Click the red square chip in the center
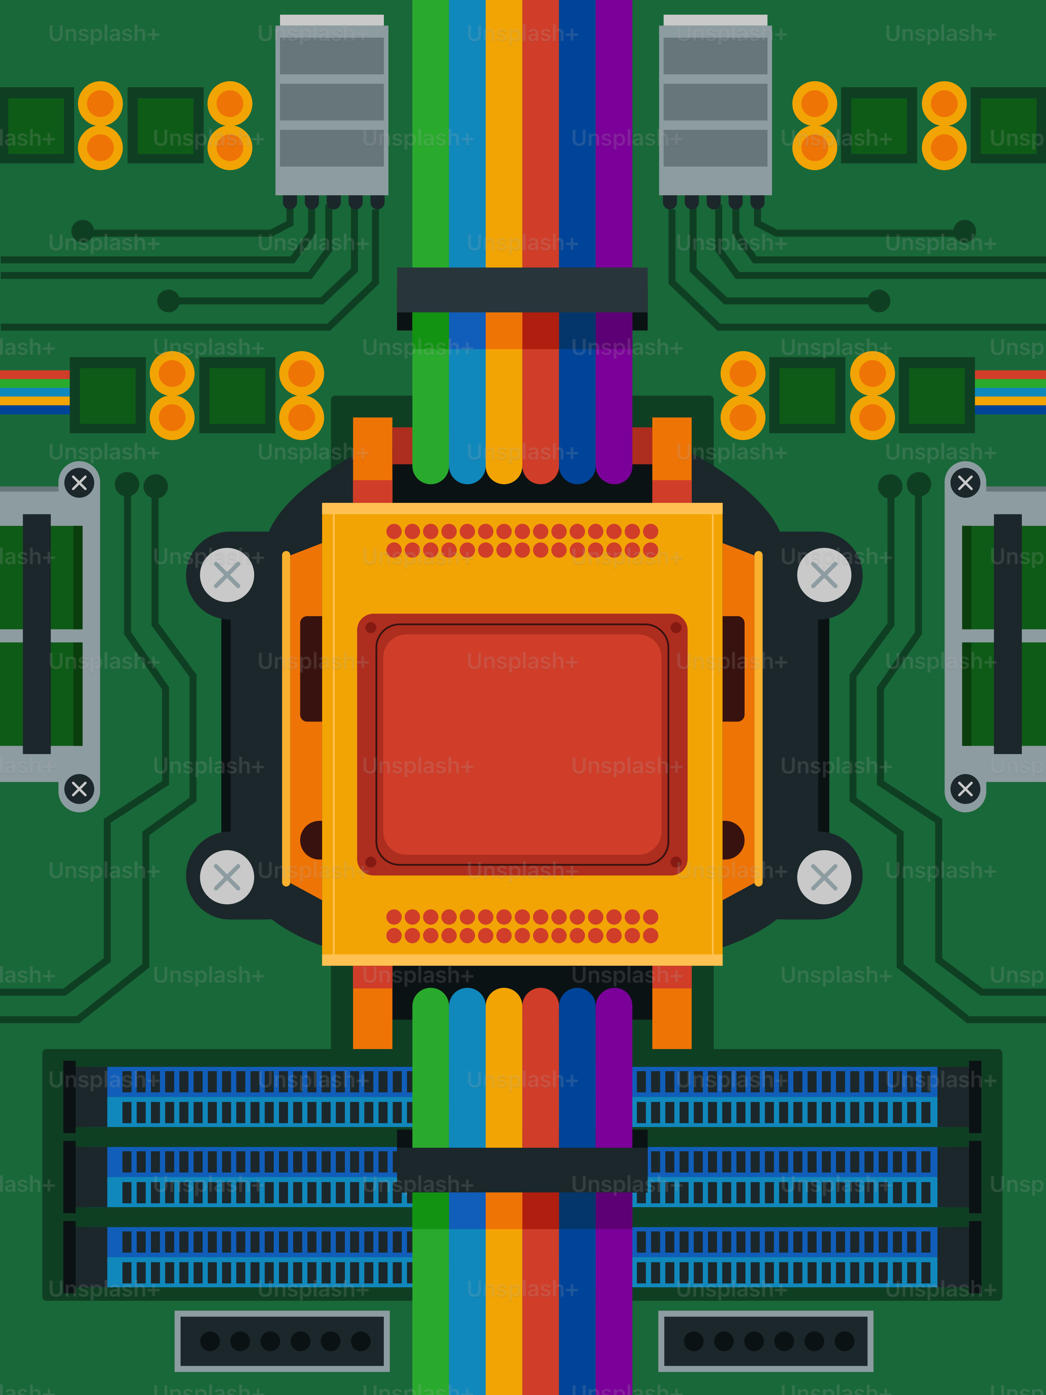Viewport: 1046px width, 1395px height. coord(522,744)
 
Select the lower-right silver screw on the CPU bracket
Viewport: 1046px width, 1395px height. coord(824,877)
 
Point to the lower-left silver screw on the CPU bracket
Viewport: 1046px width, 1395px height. coord(227,877)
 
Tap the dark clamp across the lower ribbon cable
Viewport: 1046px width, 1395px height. coord(522,1169)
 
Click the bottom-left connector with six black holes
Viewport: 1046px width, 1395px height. coord(282,1341)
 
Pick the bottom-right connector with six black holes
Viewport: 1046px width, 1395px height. coord(765,1341)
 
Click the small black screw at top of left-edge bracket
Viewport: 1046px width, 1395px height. coord(79,483)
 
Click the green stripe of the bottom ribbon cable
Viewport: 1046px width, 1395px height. coord(431,1312)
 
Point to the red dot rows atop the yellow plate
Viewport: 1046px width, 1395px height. coord(522,541)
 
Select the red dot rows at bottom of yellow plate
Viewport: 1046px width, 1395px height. coord(522,926)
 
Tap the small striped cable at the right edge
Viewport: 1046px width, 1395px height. coord(1010,392)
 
